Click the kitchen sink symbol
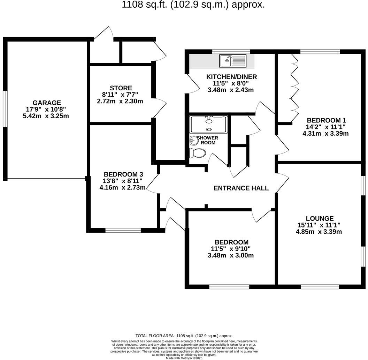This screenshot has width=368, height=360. coord(232,61)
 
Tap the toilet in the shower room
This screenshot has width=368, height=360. coord(198,153)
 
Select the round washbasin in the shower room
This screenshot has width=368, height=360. coord(194,141)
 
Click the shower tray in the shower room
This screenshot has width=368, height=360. coord(209,124)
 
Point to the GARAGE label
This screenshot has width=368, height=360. coord(47,103)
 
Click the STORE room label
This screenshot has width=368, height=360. coord(121,88)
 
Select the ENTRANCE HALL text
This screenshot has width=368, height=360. coord(241,188)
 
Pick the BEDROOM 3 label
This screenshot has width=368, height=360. coord(123,174)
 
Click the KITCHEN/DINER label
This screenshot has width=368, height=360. coord(231,77)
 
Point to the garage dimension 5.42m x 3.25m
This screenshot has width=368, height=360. coord(46,116)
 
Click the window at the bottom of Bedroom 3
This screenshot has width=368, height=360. coord(123,230)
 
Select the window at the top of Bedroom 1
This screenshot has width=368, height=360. coord(320,52)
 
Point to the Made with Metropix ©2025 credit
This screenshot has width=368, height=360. coord(184,358)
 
